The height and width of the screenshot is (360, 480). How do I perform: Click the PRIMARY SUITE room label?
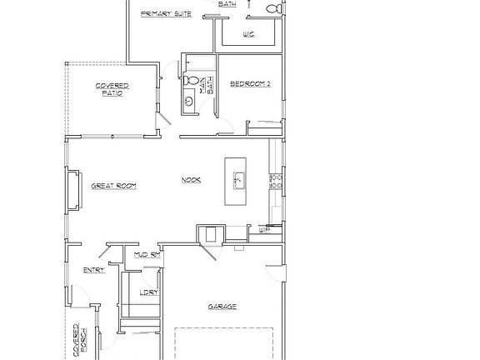[x=167, y=14]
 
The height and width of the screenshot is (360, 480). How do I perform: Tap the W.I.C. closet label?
[x=248, y=34]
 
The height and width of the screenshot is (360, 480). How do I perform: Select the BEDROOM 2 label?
[x=250, y=83]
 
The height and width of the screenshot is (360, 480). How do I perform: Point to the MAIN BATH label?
[x=210, y=84]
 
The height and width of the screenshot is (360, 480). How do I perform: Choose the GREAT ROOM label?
[x=113, y=185]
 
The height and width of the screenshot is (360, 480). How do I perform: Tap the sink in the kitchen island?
[x=237, y=179]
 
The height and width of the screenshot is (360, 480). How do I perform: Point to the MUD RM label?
[x=147, y=253]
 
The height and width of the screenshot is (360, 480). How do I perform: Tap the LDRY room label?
[x=150, y=292]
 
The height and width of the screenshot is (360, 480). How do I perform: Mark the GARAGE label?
[x=222, y=306]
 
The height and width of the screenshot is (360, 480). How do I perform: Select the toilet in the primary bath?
[x=272, y=8]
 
